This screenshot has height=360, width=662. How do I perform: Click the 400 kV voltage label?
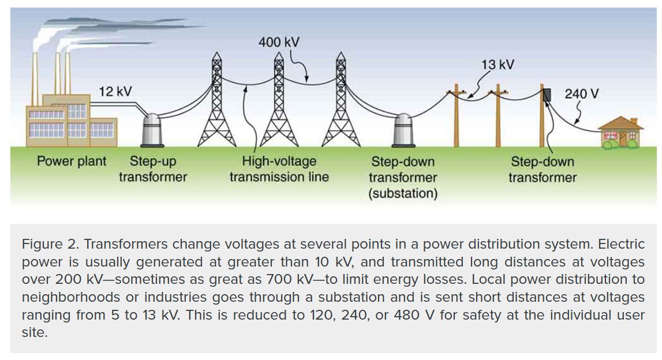coord(279,42)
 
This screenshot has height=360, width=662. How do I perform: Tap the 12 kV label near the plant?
coord(115,91)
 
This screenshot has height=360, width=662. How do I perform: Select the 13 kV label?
coord(498,64)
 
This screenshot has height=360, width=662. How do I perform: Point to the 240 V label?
coord(581,93)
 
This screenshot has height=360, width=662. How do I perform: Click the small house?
coord(620,133)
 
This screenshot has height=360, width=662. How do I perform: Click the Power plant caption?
coord(72,161)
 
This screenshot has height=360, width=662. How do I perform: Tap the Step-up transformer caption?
coord(153,169)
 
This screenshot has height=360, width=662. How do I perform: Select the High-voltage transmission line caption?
coord(279,169)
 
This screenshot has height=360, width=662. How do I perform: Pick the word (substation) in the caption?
coord(403,193)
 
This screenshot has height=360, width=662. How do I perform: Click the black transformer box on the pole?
coord(547,96)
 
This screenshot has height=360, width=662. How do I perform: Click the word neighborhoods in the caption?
coord(81,298)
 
